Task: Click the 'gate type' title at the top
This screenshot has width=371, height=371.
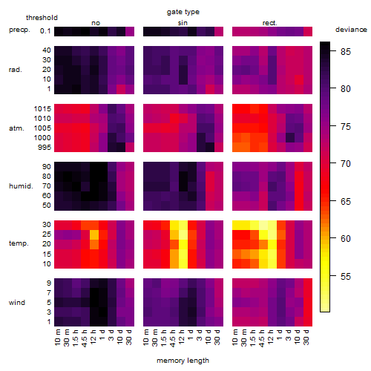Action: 183,12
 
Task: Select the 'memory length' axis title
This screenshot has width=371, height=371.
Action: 183,361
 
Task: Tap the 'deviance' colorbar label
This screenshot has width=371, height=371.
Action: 351,30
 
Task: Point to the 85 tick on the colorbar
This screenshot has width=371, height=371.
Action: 346,51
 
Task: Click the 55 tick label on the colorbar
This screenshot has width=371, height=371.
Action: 346,276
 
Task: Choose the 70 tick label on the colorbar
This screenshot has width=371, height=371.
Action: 346,163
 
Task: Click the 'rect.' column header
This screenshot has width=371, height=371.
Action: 270,23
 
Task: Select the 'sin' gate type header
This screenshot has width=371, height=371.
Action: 183,23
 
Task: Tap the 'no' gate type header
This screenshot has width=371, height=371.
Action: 96,23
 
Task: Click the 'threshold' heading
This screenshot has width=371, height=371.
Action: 42,18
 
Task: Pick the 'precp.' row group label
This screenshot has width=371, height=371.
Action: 19,30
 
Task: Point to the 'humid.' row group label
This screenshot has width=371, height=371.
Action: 21,186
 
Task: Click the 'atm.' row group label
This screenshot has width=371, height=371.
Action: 16,128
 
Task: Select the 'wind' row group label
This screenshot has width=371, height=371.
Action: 17,303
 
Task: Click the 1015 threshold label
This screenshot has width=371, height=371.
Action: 42,109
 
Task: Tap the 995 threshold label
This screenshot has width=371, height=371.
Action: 45,148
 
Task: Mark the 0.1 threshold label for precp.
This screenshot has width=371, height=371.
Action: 45,31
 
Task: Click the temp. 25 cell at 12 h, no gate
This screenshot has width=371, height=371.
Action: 94,234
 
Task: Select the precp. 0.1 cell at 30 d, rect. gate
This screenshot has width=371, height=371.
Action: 308,32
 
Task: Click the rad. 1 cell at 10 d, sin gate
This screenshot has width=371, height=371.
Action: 210,90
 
